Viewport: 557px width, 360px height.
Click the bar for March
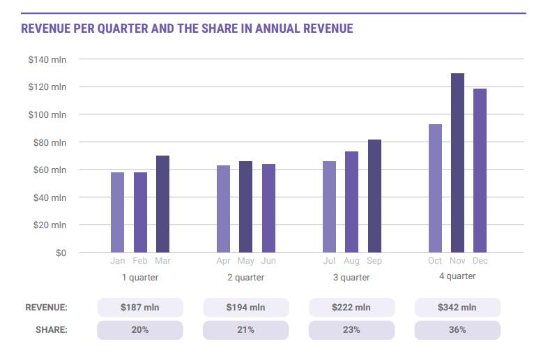(162, 204)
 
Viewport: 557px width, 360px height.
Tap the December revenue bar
(480, 170)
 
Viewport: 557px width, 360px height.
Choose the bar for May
(245, 207)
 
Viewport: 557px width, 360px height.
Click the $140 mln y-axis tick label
(47, 59)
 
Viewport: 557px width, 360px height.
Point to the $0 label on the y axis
(61, 253)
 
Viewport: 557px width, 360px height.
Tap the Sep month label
(374, 261)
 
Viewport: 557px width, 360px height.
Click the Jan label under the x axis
(118, 261)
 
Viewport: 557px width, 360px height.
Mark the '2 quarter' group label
(246, 278)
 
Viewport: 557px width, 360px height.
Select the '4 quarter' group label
(457, 276)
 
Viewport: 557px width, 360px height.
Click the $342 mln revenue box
(457, 308)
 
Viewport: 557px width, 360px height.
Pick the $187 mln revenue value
(139, 308)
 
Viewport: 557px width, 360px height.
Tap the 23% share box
(351, 330)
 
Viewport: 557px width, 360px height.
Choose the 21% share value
(245, 330)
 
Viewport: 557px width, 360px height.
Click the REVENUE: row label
(47, 308)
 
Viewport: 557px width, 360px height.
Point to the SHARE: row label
(52, 330)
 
